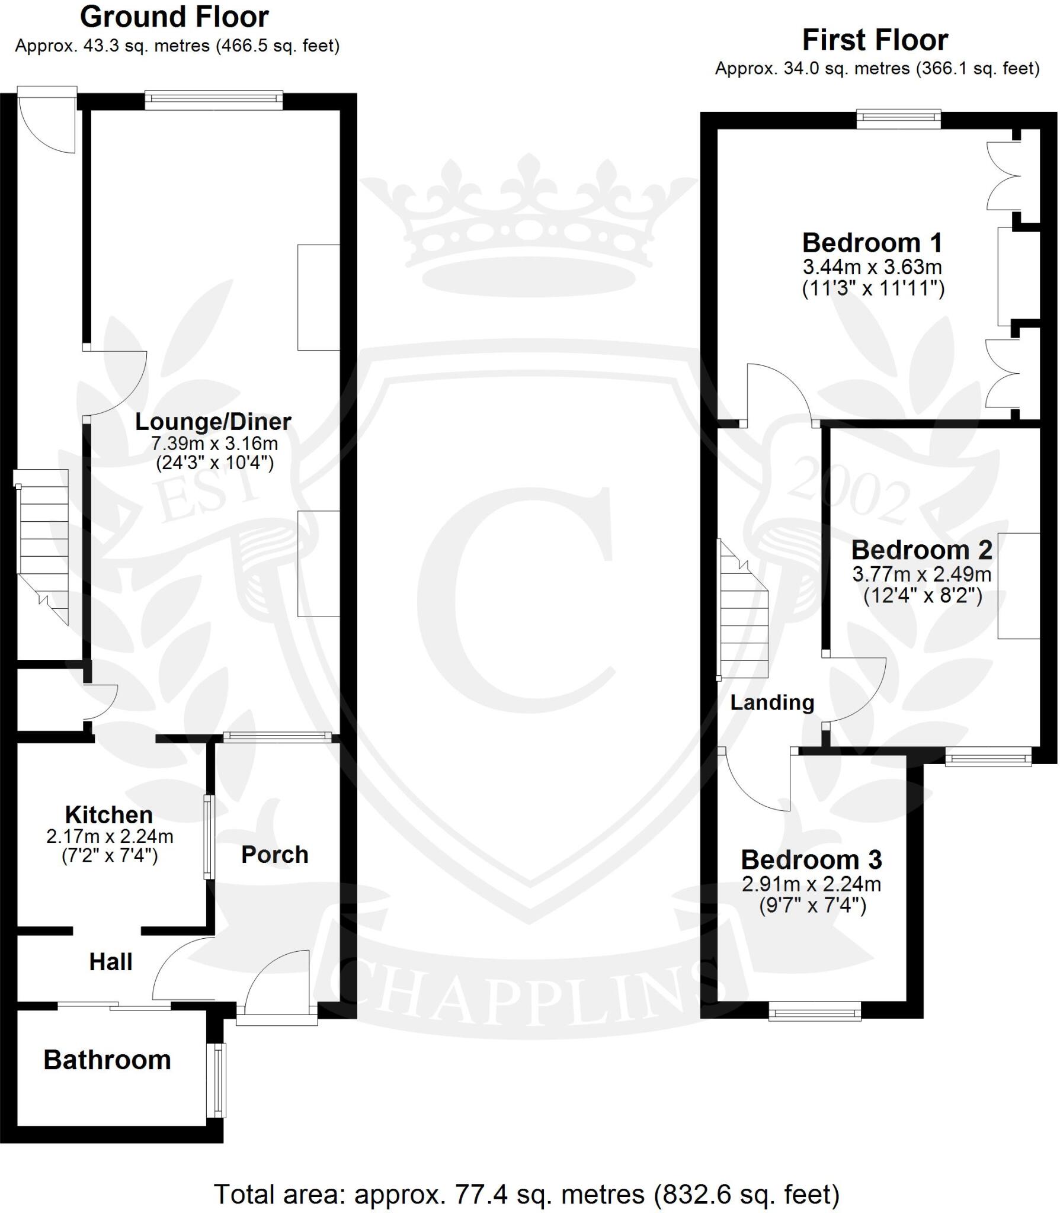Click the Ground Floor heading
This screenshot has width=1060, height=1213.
point(174,18)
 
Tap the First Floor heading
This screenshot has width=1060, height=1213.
point(875,40)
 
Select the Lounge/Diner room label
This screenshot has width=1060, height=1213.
point(213,422)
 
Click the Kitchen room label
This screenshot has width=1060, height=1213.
point(109,815)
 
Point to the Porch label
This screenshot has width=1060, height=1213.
point(275,855)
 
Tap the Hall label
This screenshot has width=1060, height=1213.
point(111,962)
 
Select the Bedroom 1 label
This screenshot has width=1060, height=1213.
point(872,243)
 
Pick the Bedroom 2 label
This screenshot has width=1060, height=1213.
point(921,550)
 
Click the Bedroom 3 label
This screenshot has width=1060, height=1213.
point(811,859)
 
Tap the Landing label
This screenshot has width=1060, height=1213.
point(772,702)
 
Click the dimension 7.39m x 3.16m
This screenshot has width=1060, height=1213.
point(214,443)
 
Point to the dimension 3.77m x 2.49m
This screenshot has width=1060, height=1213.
point(921,574)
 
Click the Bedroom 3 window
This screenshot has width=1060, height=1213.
point(815,1010)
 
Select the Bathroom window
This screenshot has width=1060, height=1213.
point(220,1080)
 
